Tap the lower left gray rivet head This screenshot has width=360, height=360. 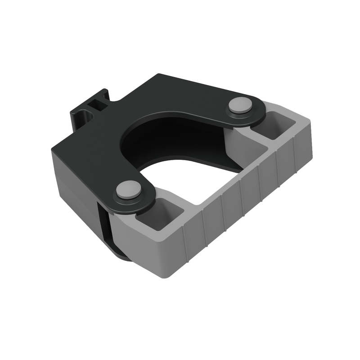point(128,189)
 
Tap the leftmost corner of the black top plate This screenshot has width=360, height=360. point(52,151)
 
